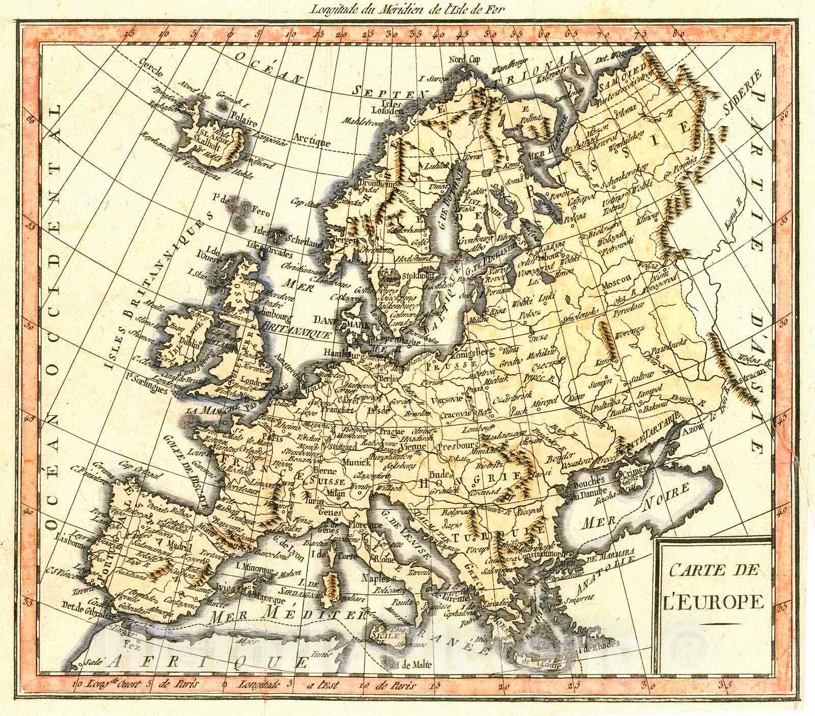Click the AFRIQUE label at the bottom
coord(208,661)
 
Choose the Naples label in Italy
coord(375,578)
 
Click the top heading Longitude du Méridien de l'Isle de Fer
coord(405,7)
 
